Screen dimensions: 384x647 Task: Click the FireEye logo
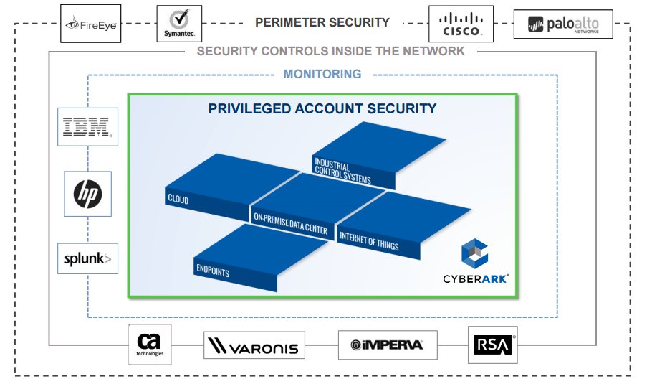coord(91,24)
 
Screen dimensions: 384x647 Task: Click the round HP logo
coord(87,194)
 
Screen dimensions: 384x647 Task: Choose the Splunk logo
coord(88,258)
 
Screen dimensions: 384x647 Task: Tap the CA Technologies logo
coord(150,345)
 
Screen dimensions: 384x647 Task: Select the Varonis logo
coord(254,346)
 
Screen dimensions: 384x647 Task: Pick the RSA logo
coord(492,345)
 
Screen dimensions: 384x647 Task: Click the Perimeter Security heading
coord(322,22)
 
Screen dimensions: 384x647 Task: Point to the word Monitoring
coord(322,74)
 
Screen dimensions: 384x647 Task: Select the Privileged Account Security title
coord(322,109)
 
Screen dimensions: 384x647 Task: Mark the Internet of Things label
coord(368,242)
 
